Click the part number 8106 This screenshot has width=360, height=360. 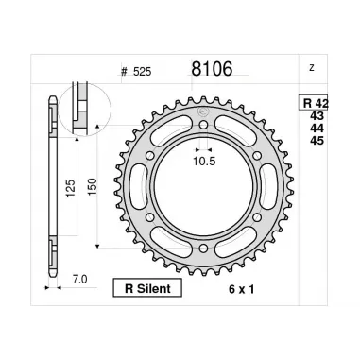click(x=212, y=69)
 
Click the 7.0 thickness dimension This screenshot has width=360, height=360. click(x=78, y=280)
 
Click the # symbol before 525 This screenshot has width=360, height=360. click(x=125, y=71)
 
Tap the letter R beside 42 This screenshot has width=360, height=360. click(x=308, y=104)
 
